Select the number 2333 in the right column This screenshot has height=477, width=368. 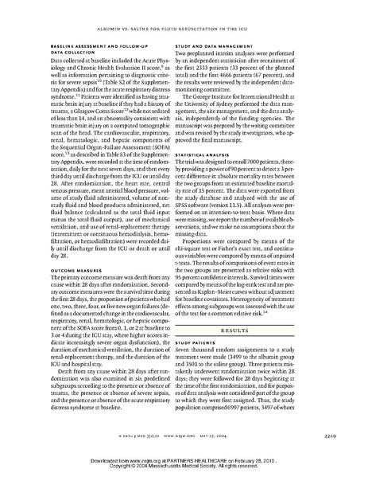click(246, 67)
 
